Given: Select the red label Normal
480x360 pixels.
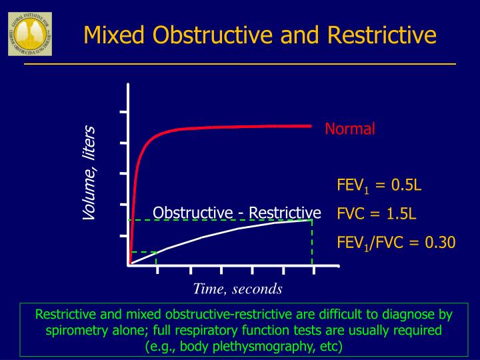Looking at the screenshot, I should click(x=350, y=129).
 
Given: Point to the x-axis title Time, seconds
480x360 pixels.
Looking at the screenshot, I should click(x=237, y=289).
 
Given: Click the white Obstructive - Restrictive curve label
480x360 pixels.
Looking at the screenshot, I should click(x=237, y=213).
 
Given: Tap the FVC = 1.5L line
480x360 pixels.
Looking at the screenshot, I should click(x=377, y=214).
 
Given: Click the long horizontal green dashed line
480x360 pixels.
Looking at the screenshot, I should click(x=220, y=220).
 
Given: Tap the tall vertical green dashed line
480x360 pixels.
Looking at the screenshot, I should click(x=312, y=243).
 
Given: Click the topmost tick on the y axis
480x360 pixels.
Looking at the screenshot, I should click(x=123, y=112).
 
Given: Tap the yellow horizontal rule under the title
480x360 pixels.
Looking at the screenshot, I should click(x=240, y=64).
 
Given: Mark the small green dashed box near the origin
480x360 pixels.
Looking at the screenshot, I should click(x=143, y=258).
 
